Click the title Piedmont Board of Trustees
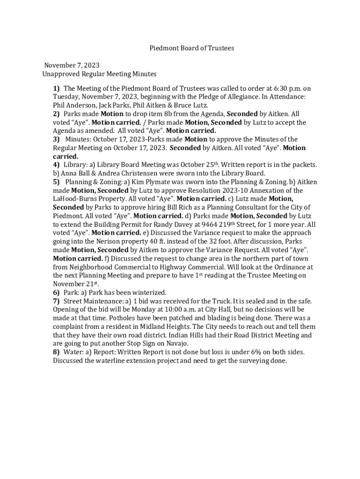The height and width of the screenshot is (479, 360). point(191,48)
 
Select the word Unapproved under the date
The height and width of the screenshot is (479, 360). point(58,74)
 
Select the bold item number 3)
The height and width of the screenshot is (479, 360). point(56,139)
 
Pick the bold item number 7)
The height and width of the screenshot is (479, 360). point(56,301)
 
